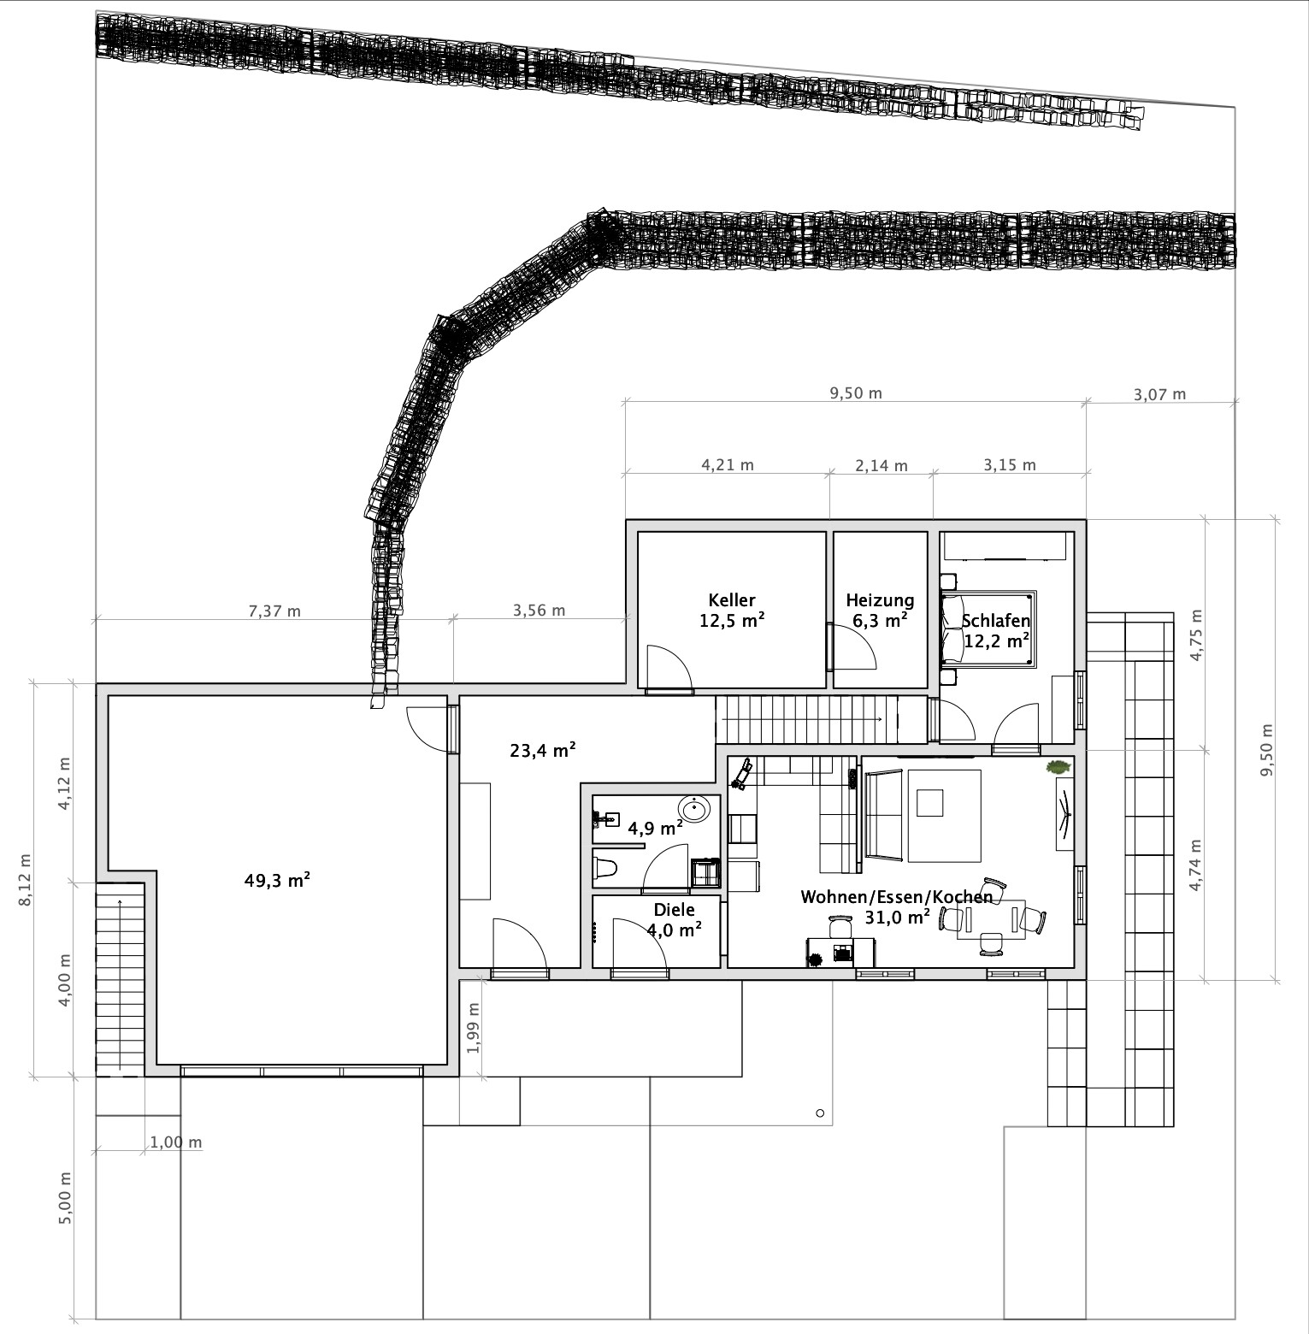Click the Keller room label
[732, 600]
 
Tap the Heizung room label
[880, 600]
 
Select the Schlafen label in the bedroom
[996, 622]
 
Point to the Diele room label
[674, 910]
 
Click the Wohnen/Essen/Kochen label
[897, 897]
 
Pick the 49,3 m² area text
[277, 880]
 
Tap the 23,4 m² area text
[543, 751]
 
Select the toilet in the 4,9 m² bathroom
[605, 868]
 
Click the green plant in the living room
[1058, 767]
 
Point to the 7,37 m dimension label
[274, 611]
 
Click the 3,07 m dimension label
[1160, 394]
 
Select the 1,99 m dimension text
[475, 1026]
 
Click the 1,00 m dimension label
[176, 1142]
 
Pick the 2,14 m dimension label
[882, 466]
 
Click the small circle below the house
[820, 1113]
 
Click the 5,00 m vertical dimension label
[65, 1197]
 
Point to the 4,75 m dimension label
[1196, 635]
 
